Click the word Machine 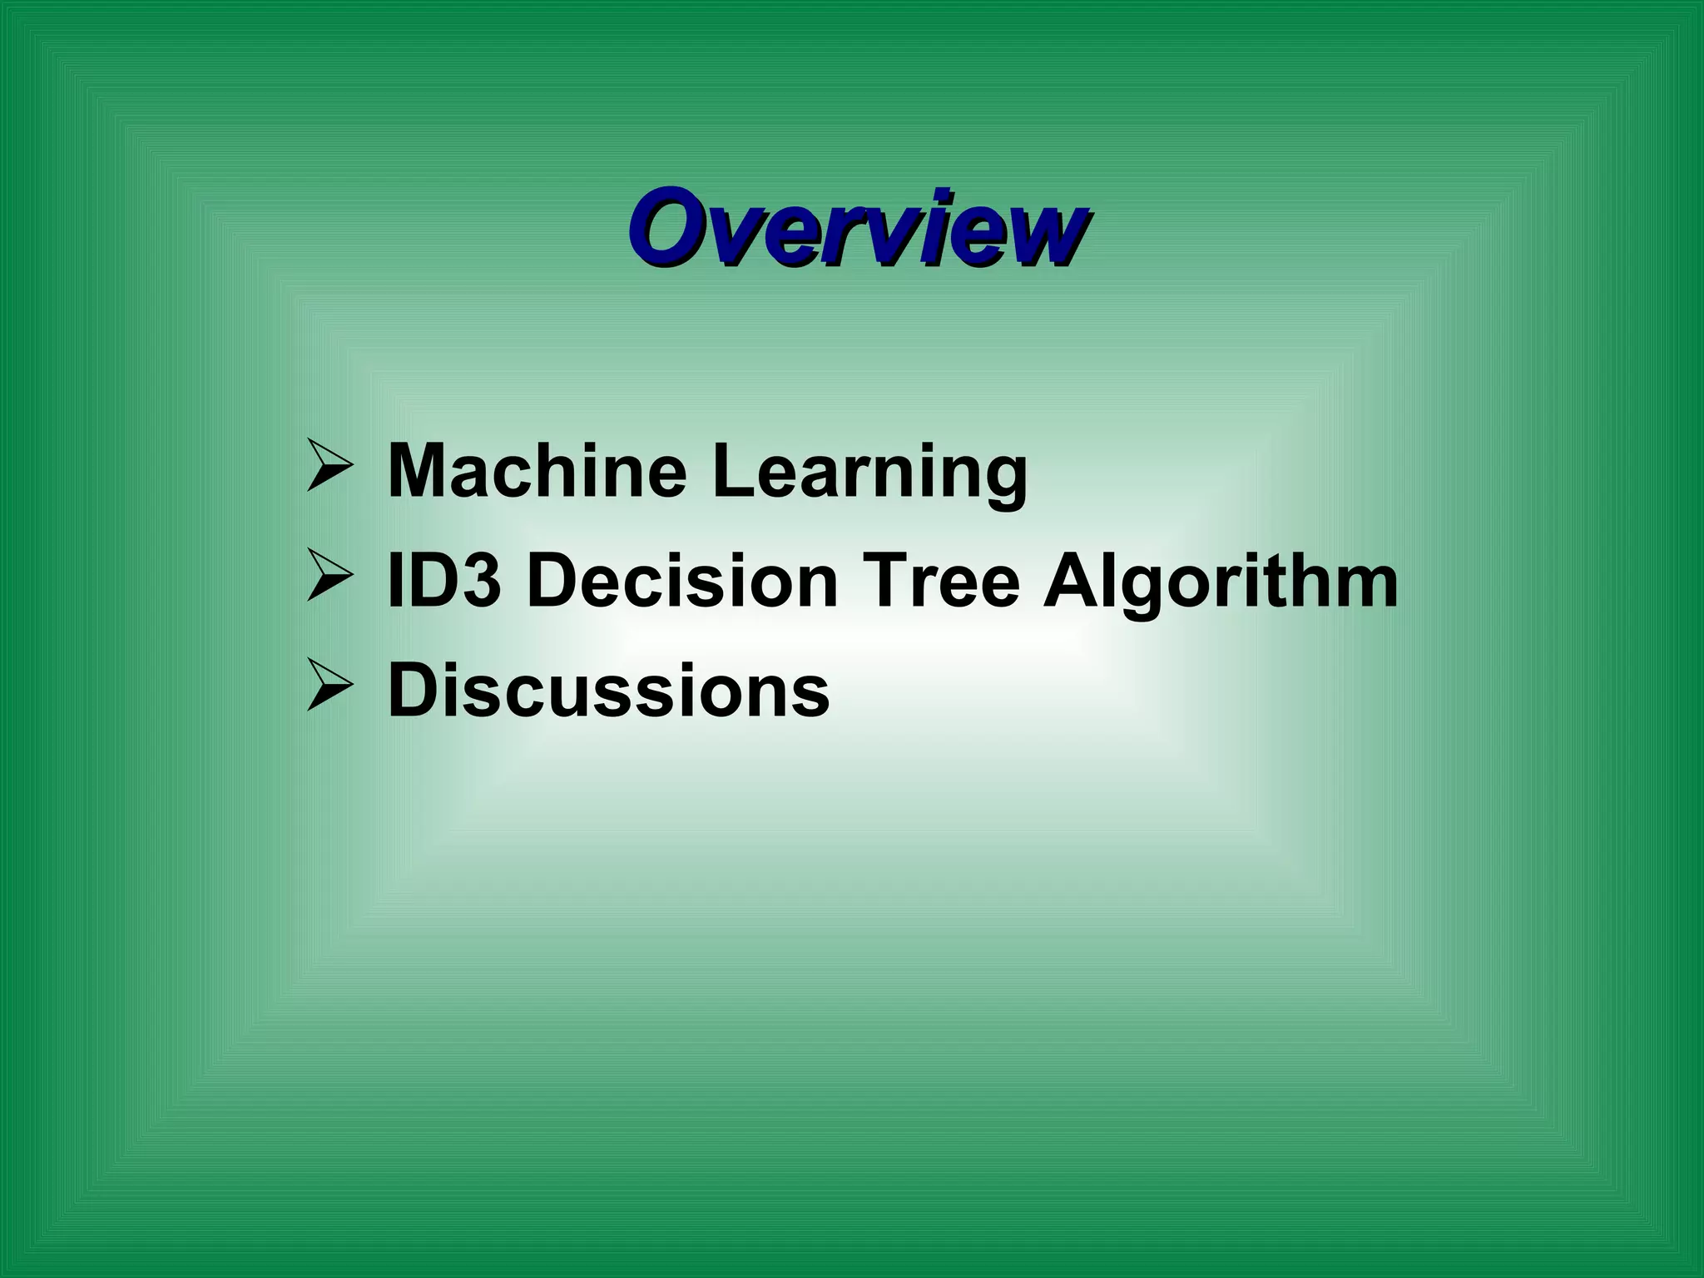tap(537, 472)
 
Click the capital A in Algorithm tap(1072, 582)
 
